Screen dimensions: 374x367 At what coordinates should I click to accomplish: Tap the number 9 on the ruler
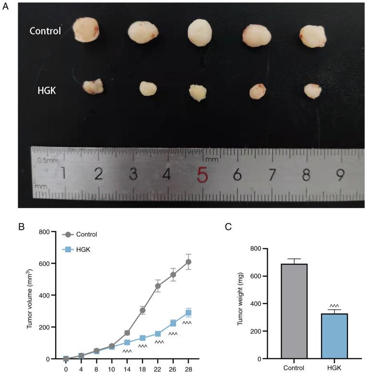point(340,175)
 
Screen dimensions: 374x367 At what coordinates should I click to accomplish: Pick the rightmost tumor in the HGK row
point(313,90)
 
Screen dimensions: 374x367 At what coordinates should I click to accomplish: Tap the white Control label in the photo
point(45,32)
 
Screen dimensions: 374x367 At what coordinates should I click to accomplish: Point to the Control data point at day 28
point(189,262)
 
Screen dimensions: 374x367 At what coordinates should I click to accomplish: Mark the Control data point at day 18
point(142,310)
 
